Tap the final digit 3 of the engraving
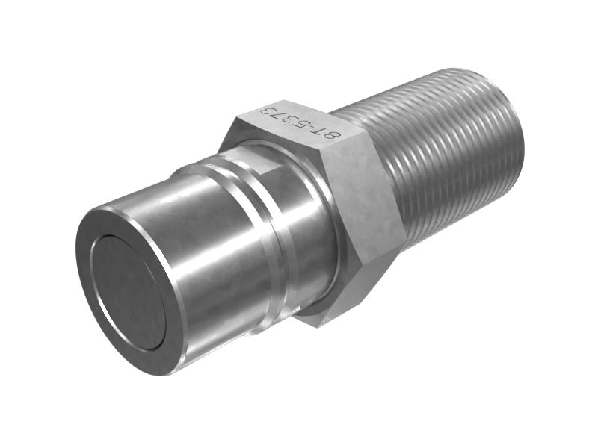(268, 112)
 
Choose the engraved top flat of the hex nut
(299, 127)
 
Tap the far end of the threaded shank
(516, 134)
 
